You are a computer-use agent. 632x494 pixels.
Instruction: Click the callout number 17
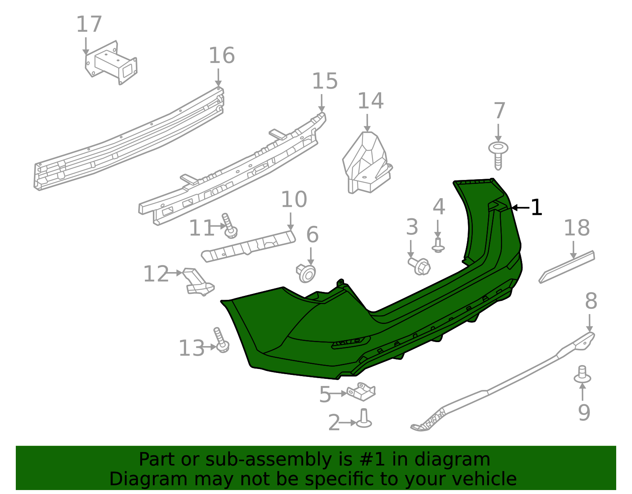[89, 25]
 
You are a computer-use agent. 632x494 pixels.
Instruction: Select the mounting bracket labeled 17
[112, 63]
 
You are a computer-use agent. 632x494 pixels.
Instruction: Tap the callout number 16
[222, 56]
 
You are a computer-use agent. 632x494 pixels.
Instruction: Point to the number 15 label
[325, 81]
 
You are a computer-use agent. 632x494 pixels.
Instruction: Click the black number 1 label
[536, 208]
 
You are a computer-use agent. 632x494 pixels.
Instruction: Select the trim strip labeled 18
[567, 267]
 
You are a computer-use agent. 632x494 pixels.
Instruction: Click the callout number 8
[591, 301]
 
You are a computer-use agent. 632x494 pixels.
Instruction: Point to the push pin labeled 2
[364, 419]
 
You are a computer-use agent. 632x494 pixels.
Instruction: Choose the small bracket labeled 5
[361, 391]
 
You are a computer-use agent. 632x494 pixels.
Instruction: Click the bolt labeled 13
[220, 341]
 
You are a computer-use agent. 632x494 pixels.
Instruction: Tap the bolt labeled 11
[229, 226]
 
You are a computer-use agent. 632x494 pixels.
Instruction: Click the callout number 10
[294, 200]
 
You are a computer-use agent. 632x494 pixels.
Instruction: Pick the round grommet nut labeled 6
[307, 273]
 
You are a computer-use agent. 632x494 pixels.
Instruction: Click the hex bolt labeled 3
[419, 266]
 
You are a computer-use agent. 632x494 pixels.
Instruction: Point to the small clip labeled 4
[438, 245]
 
